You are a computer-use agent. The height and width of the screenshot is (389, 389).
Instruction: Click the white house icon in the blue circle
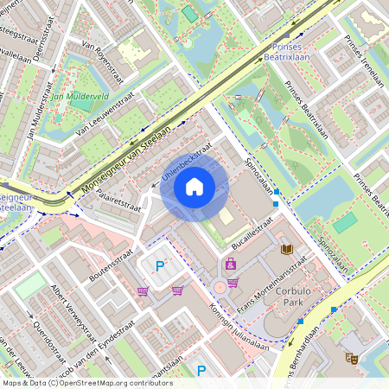pos(194,186)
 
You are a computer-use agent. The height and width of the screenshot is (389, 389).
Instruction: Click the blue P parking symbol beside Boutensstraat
pos(159,266)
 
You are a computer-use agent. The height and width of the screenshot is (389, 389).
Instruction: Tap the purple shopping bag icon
pos(231,264)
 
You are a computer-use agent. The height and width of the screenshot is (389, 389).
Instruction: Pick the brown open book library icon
pos(287,250)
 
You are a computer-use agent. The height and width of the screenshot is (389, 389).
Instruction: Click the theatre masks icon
pos(351,357)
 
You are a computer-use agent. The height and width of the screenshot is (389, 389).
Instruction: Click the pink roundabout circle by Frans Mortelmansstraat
pos(220,287)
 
